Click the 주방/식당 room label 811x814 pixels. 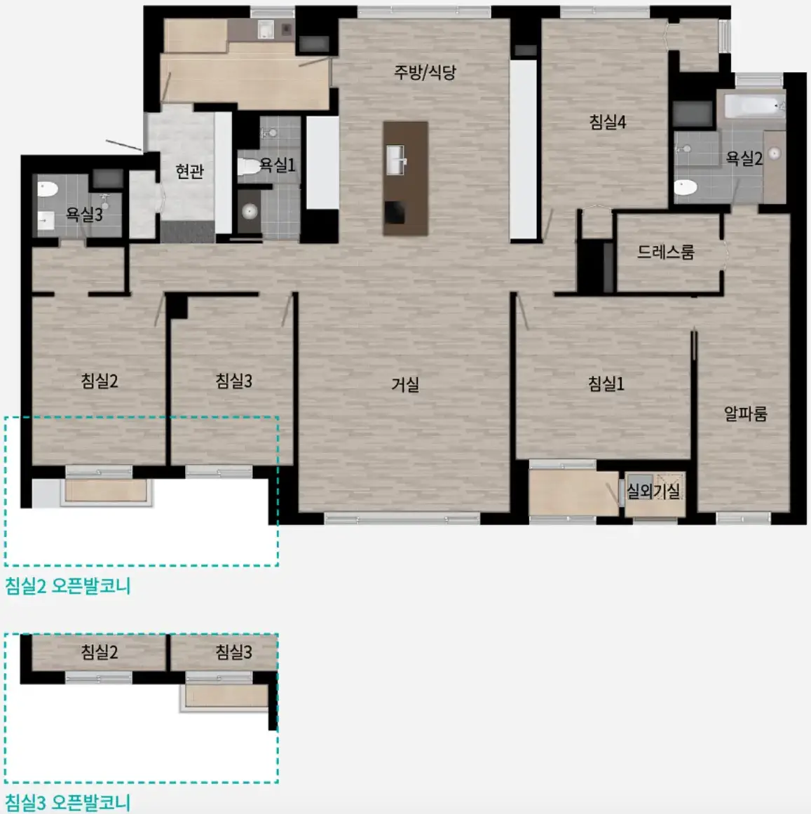pyautogui.click(x=425, y=72)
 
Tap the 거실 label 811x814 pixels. pyautogui.click(x=404, y=384)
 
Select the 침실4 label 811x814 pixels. pyautogui.click(x=607, y=122)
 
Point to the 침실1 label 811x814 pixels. pyautogui.click(x=606, y=384)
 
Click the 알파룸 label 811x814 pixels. pyautogui.click(x=745, y=414)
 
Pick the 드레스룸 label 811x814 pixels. pyautogui.click(x=665, y=252)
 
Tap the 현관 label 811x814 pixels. pyautogui.click(x=189, y=171)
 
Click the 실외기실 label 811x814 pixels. pyautogui.click(x=653, y=491)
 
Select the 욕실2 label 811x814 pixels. pyautogui.click(x=744, y=158)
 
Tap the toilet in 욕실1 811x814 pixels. pyautogui.click(x=249, y=167)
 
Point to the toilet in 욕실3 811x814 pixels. pyautogui.click(x=47, y=189)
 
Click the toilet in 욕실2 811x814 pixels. pyautogui.click(x=686, y=187)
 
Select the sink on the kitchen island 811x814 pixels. pyautogui.click(x=397, y=160)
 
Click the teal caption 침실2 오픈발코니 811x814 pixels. pyautogui.click(x=67, y=586)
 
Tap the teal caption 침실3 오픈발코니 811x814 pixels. pyautogui.click(x=67, y=803)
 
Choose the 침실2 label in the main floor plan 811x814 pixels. pyautogui.click(x=99, y=381)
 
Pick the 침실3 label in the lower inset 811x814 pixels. pyautogui.click(x=233, y=651)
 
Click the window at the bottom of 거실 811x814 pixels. pyautogui.click(x=402, y=518)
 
